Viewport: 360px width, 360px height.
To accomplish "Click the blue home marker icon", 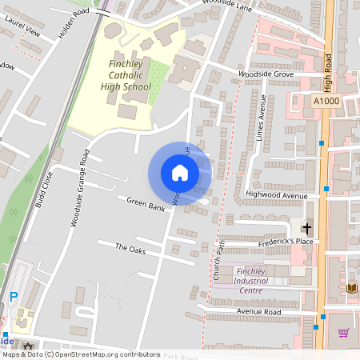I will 179,172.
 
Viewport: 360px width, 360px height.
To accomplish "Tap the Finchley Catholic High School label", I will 130,75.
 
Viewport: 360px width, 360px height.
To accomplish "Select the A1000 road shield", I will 326,102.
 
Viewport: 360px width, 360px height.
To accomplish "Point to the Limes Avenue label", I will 261,118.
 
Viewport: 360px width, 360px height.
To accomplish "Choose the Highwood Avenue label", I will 277,194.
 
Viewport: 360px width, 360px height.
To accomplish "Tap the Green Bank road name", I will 146,206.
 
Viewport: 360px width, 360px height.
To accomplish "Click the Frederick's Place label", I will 269,241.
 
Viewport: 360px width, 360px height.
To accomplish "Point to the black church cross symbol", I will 306,228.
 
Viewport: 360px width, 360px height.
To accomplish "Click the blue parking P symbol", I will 13,297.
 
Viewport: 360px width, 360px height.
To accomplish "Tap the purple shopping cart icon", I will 344,333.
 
